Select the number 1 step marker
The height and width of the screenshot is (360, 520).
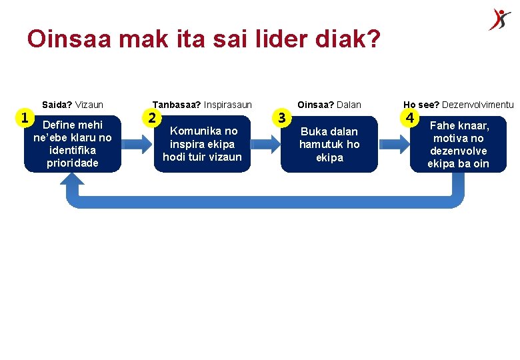pyautogui.click(x=25, y=118)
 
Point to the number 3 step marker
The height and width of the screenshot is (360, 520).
pyautogui.click(x=282, y=118)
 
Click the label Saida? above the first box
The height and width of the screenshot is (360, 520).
pyautogui.click(x=57, y=105)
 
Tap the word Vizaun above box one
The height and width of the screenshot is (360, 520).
pyautogui.click(x=89, y=105)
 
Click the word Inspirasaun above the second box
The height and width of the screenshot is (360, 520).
pyautogui.click(x=228, y=105)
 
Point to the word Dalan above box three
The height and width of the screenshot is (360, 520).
pyautogui.click(x=348, y=105)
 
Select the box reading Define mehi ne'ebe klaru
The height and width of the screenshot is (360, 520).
pyautogui.click(x=73, y=144)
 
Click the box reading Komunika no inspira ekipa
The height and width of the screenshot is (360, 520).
pyautogui.click(x=202, y=144)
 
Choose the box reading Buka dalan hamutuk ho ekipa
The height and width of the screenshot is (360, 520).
pyautogui.click(x=329, y=144)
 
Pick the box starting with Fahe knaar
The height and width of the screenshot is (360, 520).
pyautogui.click(x=459, y=144)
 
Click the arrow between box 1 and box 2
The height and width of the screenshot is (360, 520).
pyautogui.click(x=137, y=144)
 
